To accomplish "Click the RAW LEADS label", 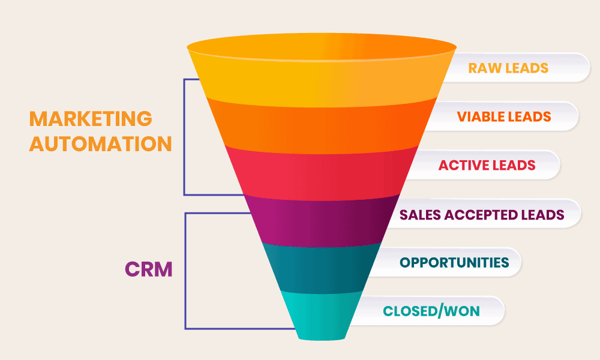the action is click(508, 68).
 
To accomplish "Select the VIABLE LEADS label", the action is click(504, 116).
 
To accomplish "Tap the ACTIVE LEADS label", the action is click(487, 165).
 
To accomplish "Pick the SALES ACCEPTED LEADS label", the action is click(482, 215).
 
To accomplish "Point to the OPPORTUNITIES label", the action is click(454, 263).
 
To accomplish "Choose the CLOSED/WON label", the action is click(431, 311).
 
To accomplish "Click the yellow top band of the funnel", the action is click(322, 73).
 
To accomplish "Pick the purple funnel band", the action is click(322, 222).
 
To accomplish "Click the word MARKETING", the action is click(91, 119).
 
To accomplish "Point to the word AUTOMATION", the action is click(101, 144).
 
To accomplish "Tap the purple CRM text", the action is click(149, 269).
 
